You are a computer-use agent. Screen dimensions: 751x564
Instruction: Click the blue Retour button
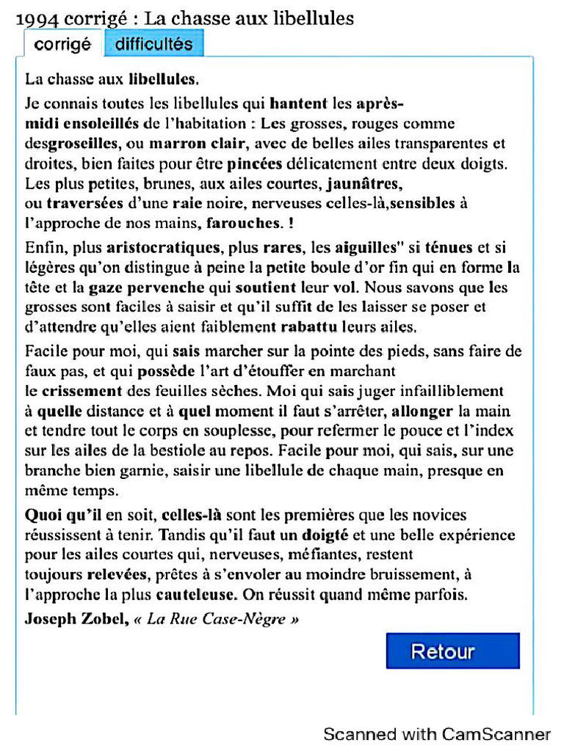tap(452, 651)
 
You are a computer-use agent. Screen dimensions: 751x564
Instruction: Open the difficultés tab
tap(153, 44)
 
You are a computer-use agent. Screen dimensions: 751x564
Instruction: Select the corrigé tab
tap(62, 44)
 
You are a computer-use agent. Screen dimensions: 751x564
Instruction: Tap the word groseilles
tap(82, 144)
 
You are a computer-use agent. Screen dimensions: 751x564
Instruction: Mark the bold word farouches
tap(244, 221)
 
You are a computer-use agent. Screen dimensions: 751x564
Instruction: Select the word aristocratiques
tap(162, 248)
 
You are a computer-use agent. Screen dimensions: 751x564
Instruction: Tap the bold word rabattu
tap(301, 326)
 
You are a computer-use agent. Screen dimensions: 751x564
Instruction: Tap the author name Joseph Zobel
tap(76, 618)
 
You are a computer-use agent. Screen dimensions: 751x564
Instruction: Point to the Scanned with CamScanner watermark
tap(437, 734)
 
